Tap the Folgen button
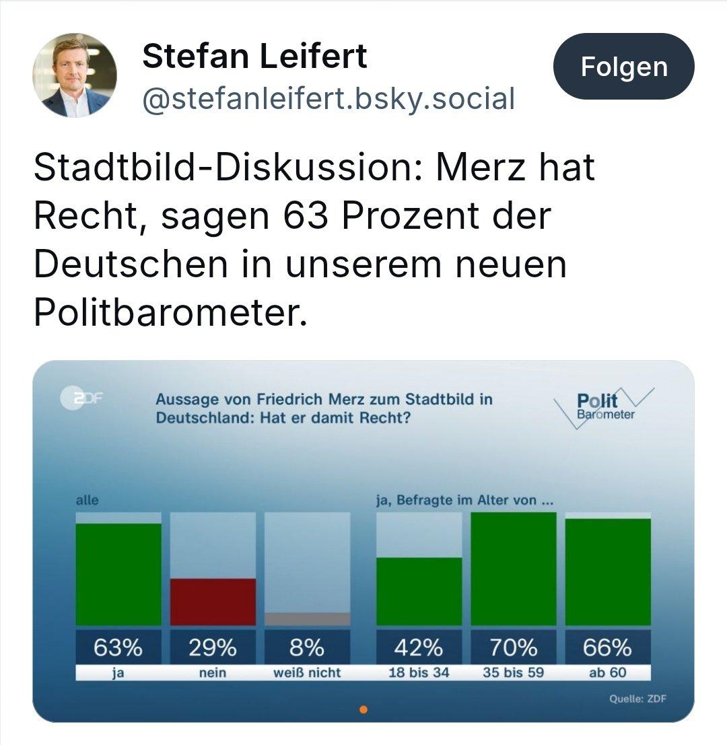point(623,67)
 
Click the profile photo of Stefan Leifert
point(75,75)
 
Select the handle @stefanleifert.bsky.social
point(328,99)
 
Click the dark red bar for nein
point(213,602)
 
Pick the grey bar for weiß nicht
point(307,619)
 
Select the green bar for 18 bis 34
point(419,592)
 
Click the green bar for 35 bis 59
point(513,569)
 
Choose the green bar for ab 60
point(608,572)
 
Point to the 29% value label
point(213,647)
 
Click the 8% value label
point(307,647)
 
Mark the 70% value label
point(513,647)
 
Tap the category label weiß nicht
point(307,672)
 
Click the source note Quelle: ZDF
point(637,699)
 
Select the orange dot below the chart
point(363,709)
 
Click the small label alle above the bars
point(87,500)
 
